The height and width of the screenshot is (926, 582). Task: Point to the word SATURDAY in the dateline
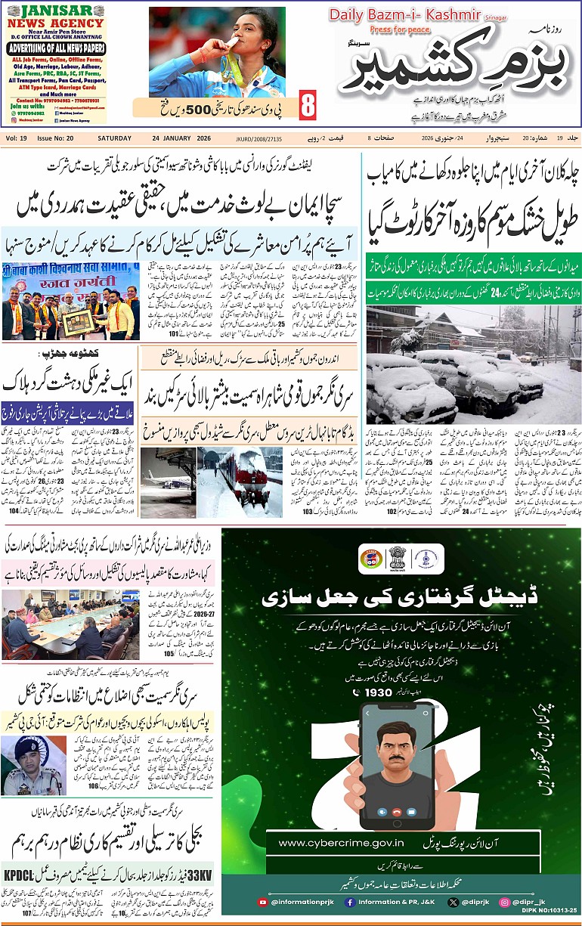114,138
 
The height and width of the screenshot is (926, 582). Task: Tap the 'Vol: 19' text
17,138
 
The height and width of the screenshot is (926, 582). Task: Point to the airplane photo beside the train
167,482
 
